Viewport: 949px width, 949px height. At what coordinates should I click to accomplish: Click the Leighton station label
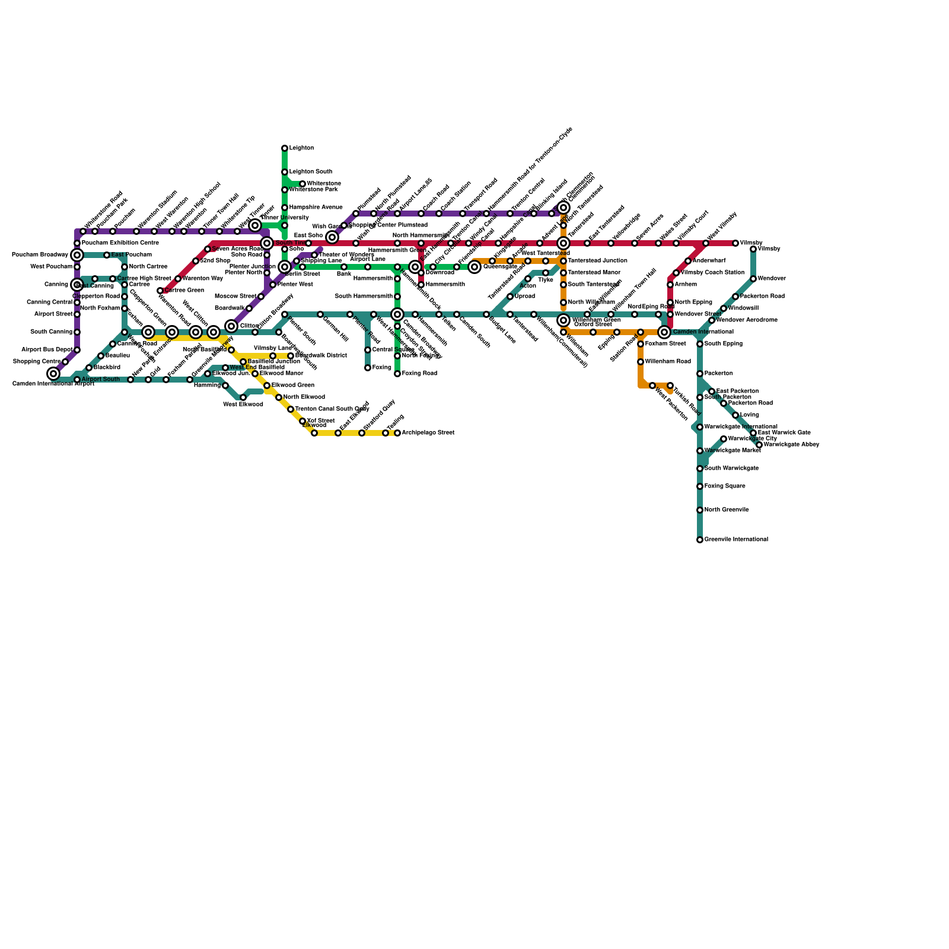[x=301, y=148]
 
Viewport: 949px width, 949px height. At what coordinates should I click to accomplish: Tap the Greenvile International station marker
[x=700, y=540]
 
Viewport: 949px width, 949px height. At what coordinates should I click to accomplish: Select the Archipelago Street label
[x=428, y=433]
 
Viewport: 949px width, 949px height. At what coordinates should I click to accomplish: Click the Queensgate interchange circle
[x=474, y=267]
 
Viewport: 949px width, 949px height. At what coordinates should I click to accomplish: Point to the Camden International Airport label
[x=53, y=384]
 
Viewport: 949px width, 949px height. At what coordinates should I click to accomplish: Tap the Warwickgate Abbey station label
[x=791, y=445]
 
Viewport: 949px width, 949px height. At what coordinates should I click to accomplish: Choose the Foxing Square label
[x=725, y=486]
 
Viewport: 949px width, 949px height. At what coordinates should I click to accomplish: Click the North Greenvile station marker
[x=700, y=510]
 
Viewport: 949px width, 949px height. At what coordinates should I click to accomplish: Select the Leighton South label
[x=310, y=172]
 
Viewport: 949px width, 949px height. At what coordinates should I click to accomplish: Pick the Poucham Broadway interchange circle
[x=77, y=255]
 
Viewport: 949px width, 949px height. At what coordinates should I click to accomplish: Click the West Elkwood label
[x=243, y=405]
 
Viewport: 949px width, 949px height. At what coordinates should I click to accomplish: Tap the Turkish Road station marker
[x=670, y=386]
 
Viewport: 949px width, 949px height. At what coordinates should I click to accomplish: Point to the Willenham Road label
[x=667, y=362]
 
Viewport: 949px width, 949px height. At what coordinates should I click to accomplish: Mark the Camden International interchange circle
[x=664, y=332]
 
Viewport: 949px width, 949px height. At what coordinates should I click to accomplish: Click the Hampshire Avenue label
[x=316, y=208]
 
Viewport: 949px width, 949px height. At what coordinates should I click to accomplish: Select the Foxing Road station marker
[x=397, y=374]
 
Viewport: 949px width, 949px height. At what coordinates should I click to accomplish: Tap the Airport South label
[x=100, y=380]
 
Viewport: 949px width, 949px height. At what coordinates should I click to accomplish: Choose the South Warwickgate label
[x=731, y=469]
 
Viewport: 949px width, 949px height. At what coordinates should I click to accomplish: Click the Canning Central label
[x=50, y=302]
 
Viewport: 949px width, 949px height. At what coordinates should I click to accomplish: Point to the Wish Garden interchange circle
[x=332, y=237]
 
